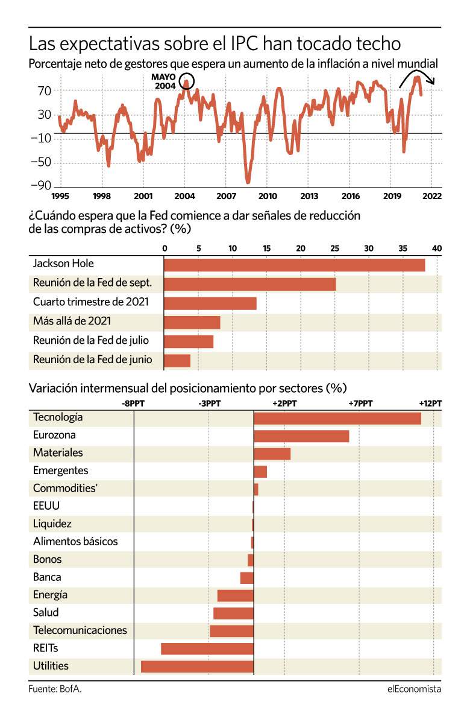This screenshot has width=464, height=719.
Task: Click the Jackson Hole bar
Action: tap(295, 265)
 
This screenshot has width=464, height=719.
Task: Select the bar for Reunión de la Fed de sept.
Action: tap(250, 284)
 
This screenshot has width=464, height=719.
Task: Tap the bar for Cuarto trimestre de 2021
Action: tap(210, 303)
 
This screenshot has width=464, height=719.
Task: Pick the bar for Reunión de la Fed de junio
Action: tap(177, 361)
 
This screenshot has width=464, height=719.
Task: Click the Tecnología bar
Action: tap(337, 418)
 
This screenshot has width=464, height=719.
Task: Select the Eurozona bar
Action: tap(301, 436)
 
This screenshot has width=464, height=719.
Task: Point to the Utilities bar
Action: tap(198, 667)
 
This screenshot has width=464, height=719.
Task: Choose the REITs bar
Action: tap(207, 649)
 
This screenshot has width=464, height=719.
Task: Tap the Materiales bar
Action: tap(272, 454)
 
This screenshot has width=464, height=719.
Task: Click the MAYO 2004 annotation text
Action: tap(163, 81)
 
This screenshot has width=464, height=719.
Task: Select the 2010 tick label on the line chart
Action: tap(268, 196)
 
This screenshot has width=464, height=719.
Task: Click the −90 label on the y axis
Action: tap(41, 185)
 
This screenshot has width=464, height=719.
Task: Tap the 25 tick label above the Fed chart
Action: tap(335, 249)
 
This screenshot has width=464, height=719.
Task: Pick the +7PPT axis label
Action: tap(360, 404)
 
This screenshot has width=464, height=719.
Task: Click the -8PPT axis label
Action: tap(133, 404)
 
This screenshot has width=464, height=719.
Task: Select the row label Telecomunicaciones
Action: tap(80, 630)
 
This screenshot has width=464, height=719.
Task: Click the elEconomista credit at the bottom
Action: tap(414, 689)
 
